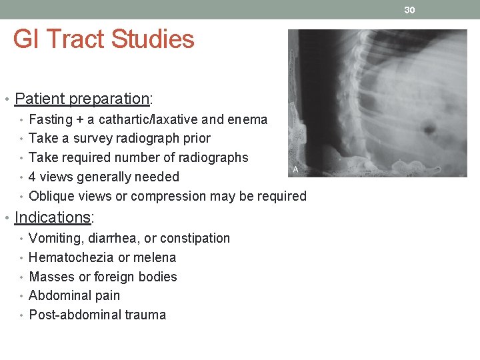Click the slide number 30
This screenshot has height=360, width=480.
point(409,9)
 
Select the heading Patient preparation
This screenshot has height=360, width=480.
point(83,99)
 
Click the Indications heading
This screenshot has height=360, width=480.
point(53,217)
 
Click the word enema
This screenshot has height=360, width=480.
point(249,120)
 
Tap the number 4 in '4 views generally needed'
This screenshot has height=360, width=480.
point(33,177)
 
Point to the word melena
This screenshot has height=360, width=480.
point(155,257)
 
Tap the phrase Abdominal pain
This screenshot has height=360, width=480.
point(75,295)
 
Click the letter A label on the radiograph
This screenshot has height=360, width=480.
point(295,170)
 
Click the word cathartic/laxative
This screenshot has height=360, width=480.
point(148,120)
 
